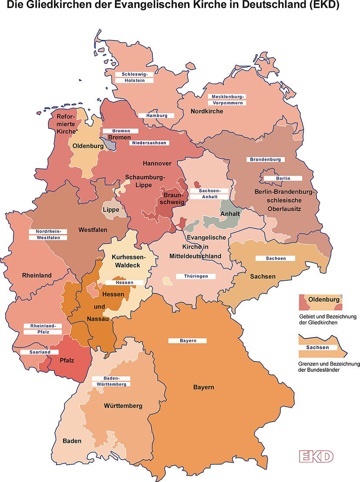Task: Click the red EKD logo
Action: click(x=316, y=456)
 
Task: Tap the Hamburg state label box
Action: click(x=156, y=115)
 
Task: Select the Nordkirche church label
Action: click(x=207, y=111)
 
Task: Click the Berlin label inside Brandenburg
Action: click(x=282, y=179)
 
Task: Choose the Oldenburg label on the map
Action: click(x=87, y=146)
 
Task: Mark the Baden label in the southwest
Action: click(x=72, y=441)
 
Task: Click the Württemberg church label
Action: click(x=123, y=406)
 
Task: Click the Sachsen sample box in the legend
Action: click(x=317, y=347)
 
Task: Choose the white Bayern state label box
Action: click(x=187, y=340)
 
